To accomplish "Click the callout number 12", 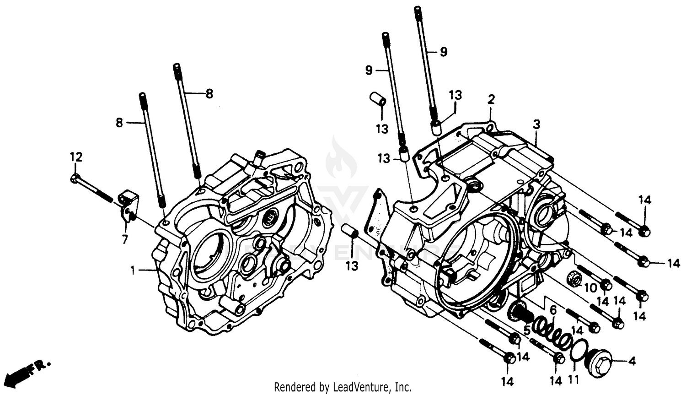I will [x=76, y=157].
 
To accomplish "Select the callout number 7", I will [x=125, y=239].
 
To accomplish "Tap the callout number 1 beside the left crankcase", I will [x=133, y=271].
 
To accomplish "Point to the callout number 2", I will [x=491, y=99].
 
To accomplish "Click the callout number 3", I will [x=536, y=124].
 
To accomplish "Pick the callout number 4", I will [x=632, y=361].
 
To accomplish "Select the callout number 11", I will [x=573, y=379].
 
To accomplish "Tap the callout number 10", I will [x=590, y=288].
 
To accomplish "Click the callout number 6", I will [x=553, y=310].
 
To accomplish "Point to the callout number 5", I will [x=527, y=330].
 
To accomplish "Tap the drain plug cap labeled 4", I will [x=598, y=363].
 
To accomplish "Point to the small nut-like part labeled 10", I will [x=573, y=277].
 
